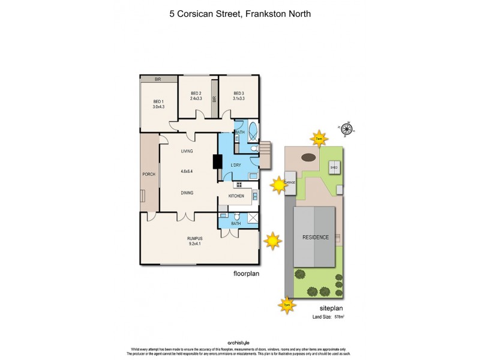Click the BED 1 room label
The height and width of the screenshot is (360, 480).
[158, 101]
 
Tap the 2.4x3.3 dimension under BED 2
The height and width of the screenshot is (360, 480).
[195, 98]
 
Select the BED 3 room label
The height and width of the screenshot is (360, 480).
[239, 93]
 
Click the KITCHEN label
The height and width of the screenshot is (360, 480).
[236, 196]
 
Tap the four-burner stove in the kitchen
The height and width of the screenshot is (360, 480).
[239, 184]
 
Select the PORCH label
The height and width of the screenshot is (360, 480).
[148, 175]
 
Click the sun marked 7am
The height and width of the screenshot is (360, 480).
[319, 138]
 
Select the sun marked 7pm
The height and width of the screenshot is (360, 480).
[287, 305]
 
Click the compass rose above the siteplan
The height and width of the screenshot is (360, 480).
[349, 127]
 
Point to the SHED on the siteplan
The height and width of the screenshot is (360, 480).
[334, 167]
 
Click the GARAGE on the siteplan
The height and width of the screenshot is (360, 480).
[290, 182]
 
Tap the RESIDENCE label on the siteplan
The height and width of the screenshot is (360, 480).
[315, 237]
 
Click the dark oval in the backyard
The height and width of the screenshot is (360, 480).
[308, 157]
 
